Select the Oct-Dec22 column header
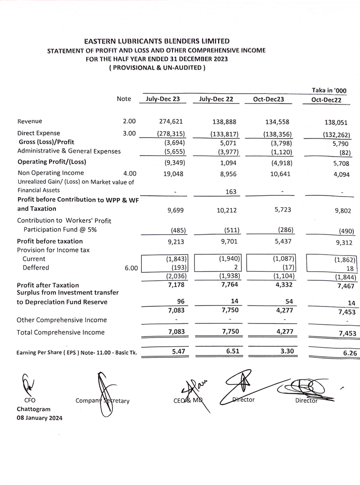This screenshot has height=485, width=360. click(x=326, y=100)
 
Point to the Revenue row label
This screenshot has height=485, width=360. click(x=30, y=121)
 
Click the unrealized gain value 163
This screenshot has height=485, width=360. click(x=231, y=192)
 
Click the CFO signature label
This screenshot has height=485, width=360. click(x=30, y=400)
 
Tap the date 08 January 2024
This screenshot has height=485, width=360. click(x=40, y=418)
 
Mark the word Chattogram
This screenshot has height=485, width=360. click(x=34, y=409)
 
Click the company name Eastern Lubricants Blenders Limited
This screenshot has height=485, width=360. click(x=157, y=41)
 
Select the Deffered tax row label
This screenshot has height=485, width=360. click(x=36, y=268)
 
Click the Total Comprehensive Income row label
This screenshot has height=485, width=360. click(x=60, y=332)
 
